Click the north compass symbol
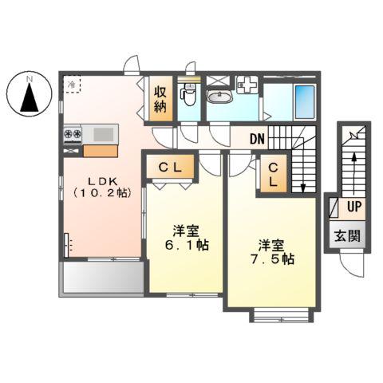tap(29, 94)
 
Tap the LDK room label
tap(102, 187)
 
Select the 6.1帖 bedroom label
tap(186, 238)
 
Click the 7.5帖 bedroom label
tap(272, 252)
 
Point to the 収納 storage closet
tap(160, 99)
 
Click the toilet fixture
tap(189, 95)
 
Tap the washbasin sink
tap(220, 97)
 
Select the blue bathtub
tap(305, 102)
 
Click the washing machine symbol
tap(247, 85)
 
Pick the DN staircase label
tap(258, 139)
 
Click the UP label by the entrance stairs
tap(354, 207)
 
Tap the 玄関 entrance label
tap(347, 236)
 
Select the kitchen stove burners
tap(73, 133)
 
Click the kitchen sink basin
tap(103, 134)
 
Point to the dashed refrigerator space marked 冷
tap(72, 84)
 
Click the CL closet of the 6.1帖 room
tap(170, 167)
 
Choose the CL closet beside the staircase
tap(274, 174)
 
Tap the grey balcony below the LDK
tap(103, 278)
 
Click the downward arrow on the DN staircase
tap(302, 165)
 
